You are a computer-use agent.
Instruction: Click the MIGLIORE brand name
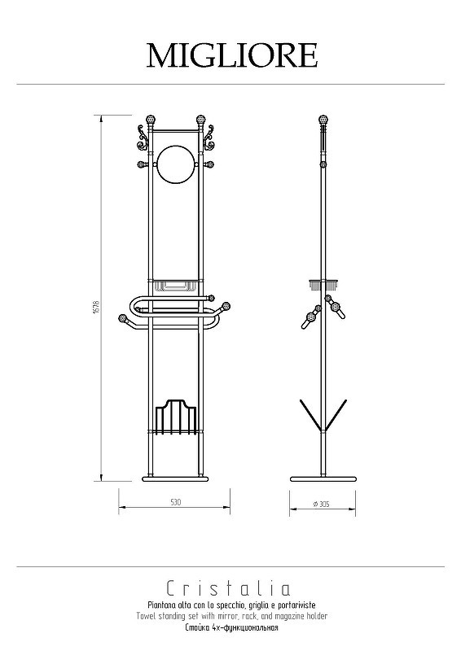(232, 55)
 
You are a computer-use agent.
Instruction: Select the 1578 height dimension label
(96, 308)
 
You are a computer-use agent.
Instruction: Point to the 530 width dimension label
(175, 502)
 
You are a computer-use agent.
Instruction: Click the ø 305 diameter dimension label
(322, 504)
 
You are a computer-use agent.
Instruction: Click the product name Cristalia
(228, 588)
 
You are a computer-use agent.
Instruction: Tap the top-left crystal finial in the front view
(151, 119)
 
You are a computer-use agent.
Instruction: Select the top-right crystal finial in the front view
(201, 119)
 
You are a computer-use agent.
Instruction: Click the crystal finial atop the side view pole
(323, 119)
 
